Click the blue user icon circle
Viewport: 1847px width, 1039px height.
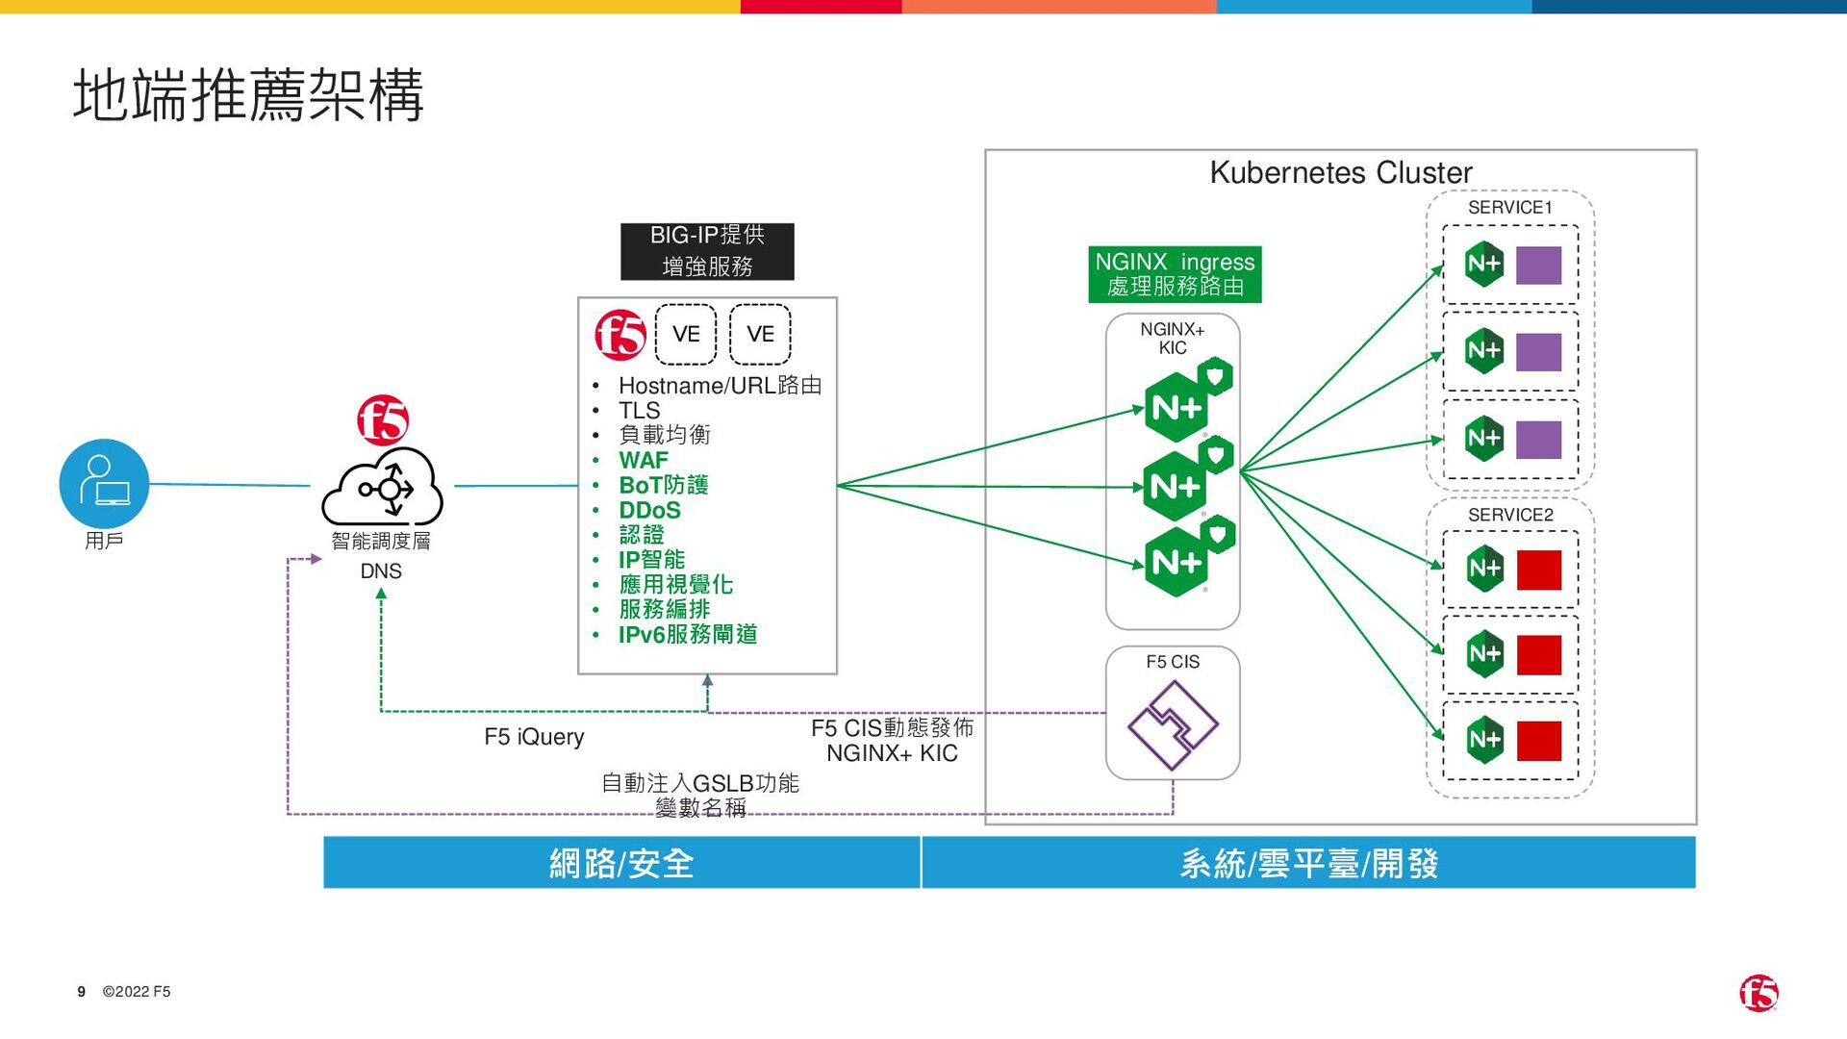click(104, 484)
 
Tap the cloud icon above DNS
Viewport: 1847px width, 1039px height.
click(382, 488)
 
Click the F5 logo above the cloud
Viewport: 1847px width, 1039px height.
click(383, 419)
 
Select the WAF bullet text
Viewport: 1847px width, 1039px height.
click(643, 460)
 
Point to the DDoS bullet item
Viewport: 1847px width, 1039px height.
click(649, 510)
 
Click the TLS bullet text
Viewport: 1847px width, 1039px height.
click(639, 411)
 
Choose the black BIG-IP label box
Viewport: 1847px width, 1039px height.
click(707, 251)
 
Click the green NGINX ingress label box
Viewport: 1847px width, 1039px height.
click(1175, 274)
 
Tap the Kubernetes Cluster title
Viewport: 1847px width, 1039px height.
click(1340, 172)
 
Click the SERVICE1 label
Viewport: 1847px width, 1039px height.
click(1509, 208)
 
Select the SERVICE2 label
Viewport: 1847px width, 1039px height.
click(1510, 515)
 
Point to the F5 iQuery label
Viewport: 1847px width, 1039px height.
click(534, 737)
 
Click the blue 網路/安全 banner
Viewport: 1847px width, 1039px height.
click(621, 863)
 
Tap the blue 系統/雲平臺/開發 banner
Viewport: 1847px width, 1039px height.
click(1308, 863)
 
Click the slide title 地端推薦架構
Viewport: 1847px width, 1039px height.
click(248, 95)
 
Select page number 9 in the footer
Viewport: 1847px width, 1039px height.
click(82, 992)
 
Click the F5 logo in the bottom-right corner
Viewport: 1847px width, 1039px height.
click(1758, 994)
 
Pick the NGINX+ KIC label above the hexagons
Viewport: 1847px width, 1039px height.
click(1173, 339)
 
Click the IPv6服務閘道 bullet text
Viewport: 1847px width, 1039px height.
click(687, 635)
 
